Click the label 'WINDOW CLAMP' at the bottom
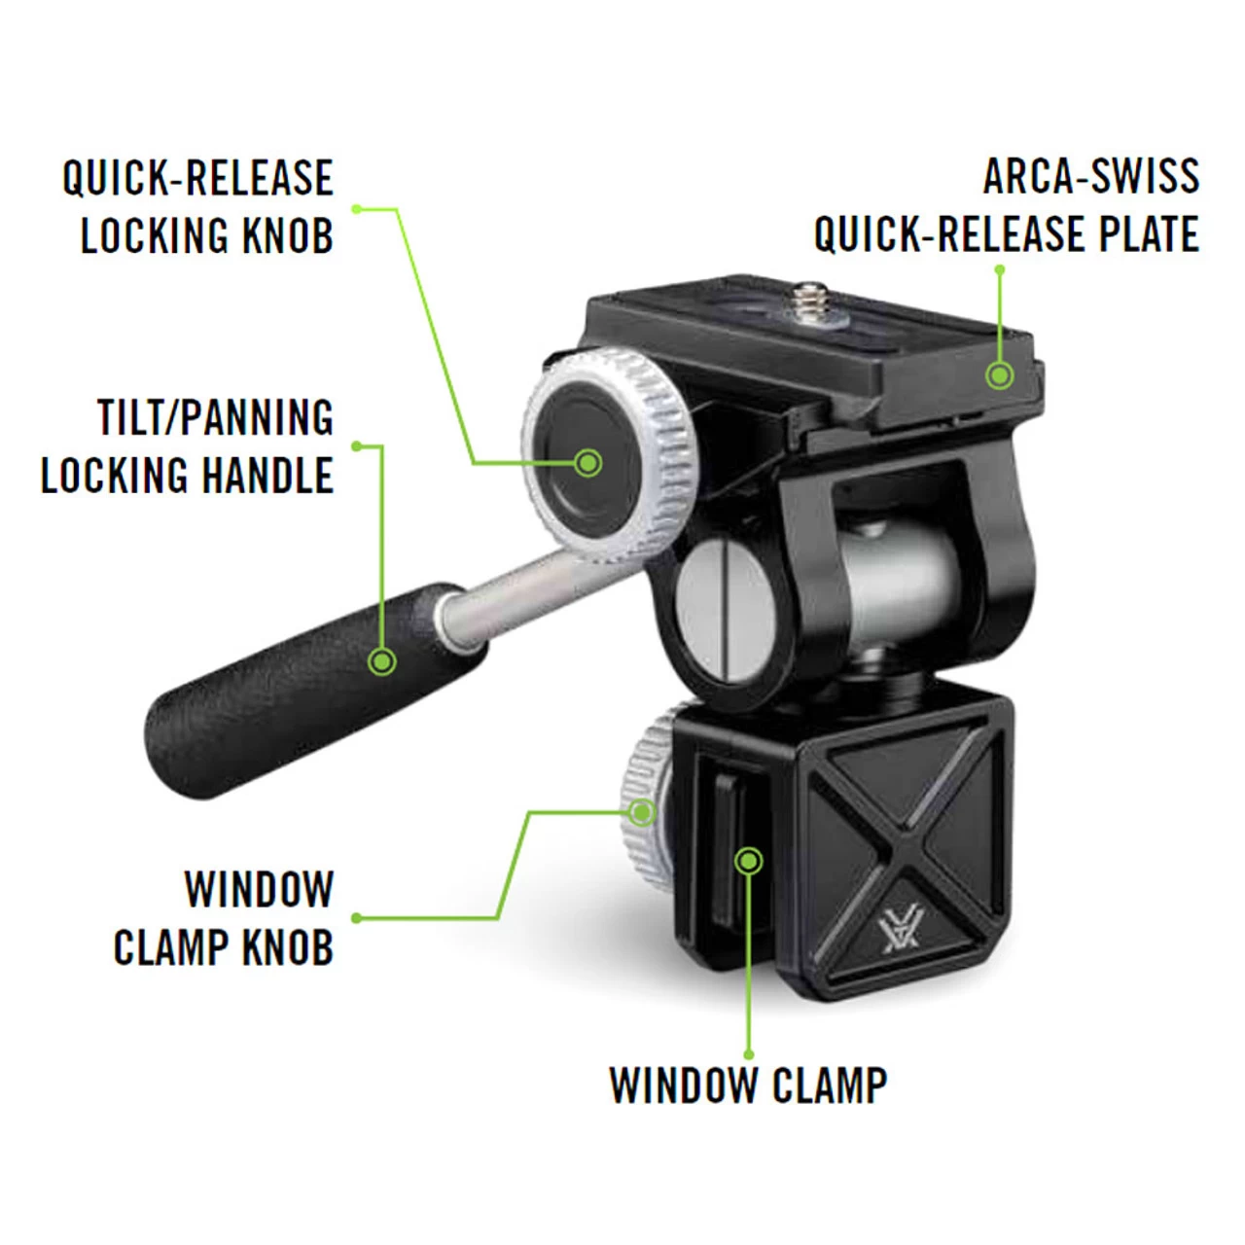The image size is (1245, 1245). pyautogui.click(x=748, y=1085)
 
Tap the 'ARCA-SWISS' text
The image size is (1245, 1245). pyautogui.click(x=1090, y=177)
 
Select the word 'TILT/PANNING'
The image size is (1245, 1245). pyautogui.click(x=215, y=418)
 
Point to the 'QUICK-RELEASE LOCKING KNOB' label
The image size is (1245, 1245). pyautogui.click(x=198, y=206)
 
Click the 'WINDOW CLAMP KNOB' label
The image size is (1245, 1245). pyautogui.click(x=224, y=918)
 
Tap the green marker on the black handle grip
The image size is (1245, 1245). pyautogui.click(x=382, y=661)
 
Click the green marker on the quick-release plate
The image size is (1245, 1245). pyautogui.click(x=999, y=374)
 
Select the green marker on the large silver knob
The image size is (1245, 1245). pyautogui.click(x=587, y=462)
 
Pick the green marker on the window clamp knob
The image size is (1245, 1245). pyautogui.click(x=642, y=811)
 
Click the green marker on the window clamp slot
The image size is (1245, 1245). pyautogui.click(x=749, y=860)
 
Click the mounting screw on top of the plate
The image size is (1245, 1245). pyautogui.click(x=809, y=297)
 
